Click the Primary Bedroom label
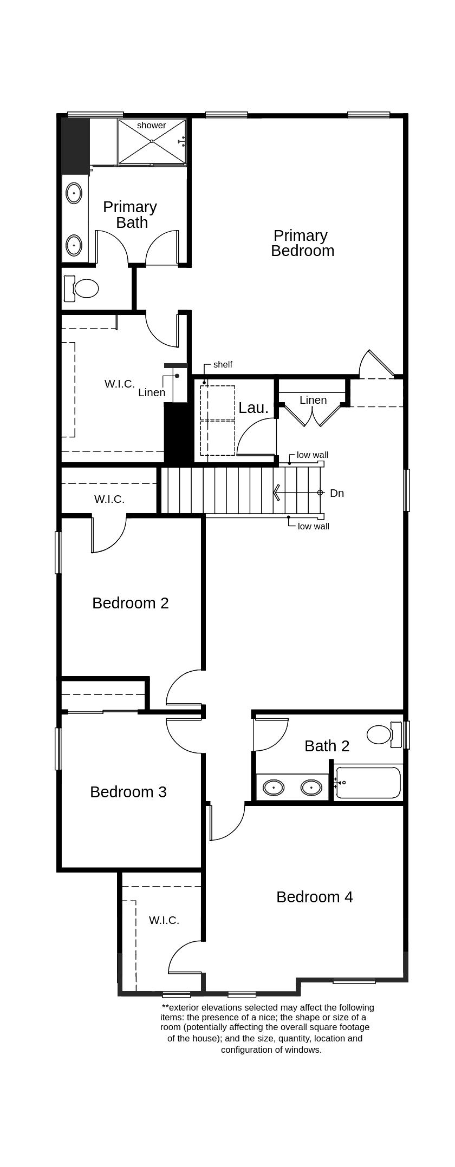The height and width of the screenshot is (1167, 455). [x=302, y=243]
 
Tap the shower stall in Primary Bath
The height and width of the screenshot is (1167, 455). [x=152, y=142]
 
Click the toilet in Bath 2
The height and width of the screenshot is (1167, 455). [x=380, y=735]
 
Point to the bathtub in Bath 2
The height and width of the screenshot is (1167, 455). [x=368, y=783]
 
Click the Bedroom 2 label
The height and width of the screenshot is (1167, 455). [x=130, y=603]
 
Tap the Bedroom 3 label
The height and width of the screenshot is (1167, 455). [x=128, y=792]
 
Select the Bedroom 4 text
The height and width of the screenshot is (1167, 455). [x=314, y=897]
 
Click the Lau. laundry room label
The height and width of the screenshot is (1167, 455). [x=253, y=408]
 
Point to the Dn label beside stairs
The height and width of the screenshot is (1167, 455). [x=337, y=493]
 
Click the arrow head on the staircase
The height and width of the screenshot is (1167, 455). [x=277, y=493]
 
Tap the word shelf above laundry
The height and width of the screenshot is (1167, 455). [x=223, y=365]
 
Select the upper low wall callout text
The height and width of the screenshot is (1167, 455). [x=312, y=455]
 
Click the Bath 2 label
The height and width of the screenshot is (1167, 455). [x=327, y=746]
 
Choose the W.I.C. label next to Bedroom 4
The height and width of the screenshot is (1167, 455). [x=164, y=920]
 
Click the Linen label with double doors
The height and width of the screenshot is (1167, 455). [x=313, y=400]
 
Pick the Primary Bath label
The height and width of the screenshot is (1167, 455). [x=130, y=215]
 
